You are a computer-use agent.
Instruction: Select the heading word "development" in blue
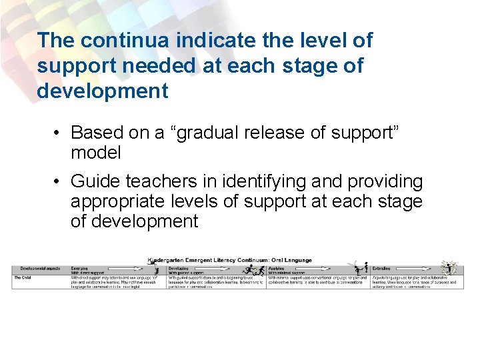tap(103, 91)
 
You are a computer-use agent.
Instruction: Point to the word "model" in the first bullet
tap(96, 153)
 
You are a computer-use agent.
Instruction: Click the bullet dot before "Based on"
tap(59, 132)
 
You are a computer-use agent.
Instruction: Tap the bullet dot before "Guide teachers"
tap(59, 181)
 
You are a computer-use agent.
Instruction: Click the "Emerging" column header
tap(79, 268)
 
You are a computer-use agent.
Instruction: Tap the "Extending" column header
tap(382, 268)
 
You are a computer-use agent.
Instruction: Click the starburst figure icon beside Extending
tap(448, 267)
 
